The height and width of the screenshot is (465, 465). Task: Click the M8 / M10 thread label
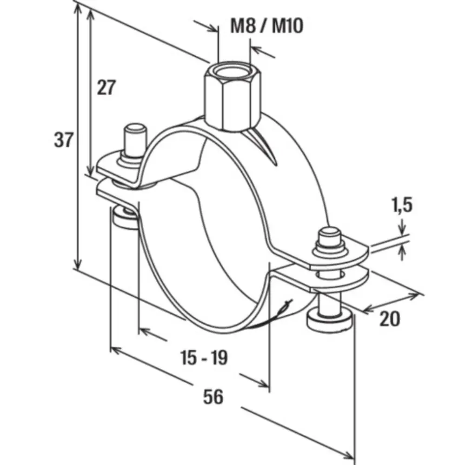(x=267, y=26)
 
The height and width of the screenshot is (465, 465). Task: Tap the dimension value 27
(x=106, y=87)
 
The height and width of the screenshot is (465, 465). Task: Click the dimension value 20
(x=389, y=319)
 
